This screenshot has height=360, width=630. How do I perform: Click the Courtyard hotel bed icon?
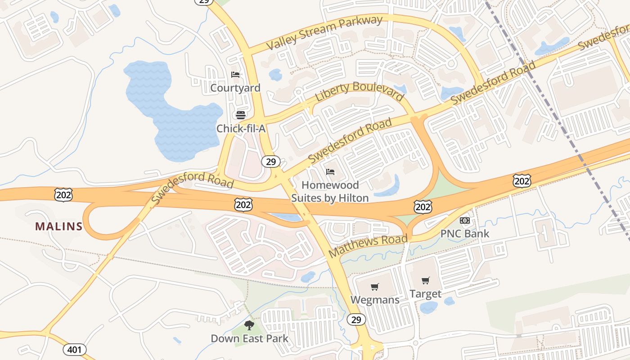pyautogui.click(x=235, y=75)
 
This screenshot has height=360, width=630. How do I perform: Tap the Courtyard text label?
pyautogui.click(x=235, y=88)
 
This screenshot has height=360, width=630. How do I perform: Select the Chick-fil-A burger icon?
pyautogui.click(x=241, y=115)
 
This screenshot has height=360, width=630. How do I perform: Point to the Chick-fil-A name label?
pyautogui.click(x=241, y=129)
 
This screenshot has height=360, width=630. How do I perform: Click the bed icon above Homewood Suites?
pyautogui.click(x=330, y=172)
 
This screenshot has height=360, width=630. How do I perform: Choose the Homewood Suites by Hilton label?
pyautogui.click(x=330, y=191)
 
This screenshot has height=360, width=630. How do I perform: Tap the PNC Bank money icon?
pyautogui.click(x=464, y=220)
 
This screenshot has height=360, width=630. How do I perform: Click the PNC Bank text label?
pyautogui.click(x=464, y=234)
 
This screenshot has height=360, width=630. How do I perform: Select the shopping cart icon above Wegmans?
pyautogui.click(x=374, y=287)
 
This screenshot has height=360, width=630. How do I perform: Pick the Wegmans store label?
pyautogui.click(x=374, y=300)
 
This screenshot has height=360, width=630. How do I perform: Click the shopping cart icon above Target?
pyautogui.click(x=425, y=281)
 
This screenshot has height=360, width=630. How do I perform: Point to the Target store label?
pyautogui.click(x=425, y=294)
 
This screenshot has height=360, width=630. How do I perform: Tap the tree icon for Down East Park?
pyautogui.click(x=249, y=325)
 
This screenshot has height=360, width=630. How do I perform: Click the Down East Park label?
pyautogui.click(x=249, y=338)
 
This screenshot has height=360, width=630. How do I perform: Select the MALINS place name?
pyautogui.click(x=59, y=226)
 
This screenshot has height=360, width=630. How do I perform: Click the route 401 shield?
pyautogui.click(x=74, y=349)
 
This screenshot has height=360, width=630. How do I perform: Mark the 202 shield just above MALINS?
pyautogui.click(x=63, y=195)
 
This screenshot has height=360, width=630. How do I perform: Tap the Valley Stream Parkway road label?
pyautogui.click(x=324, y=32)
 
